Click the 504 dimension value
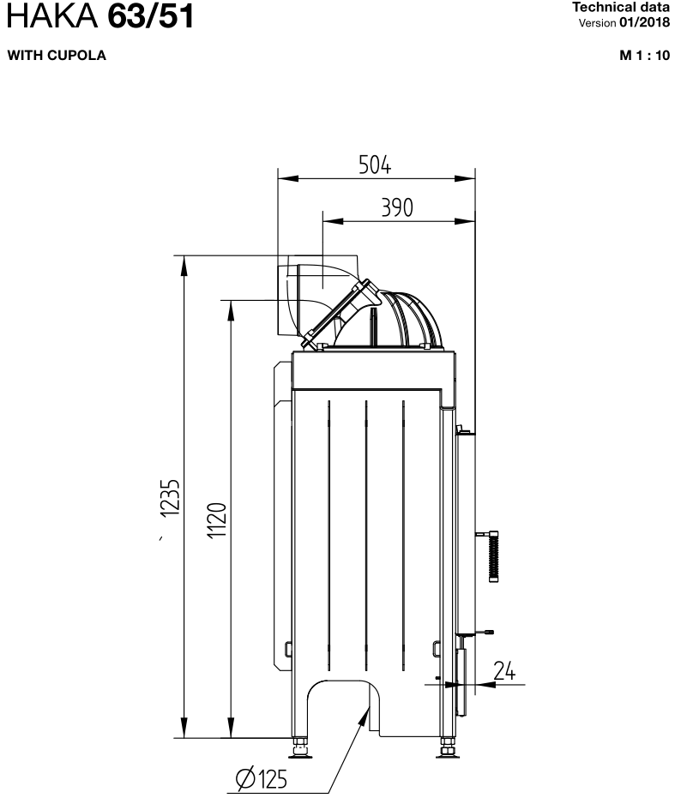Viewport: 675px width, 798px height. click(x=375, y=165)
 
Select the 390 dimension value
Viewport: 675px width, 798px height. click(x=397, y=207)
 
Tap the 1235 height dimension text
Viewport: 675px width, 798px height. click(x=170, y=498)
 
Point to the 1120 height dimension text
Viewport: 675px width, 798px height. click(x=216, y=520)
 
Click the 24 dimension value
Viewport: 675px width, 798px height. click(x=504, y=670)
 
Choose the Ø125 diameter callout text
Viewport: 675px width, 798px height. click(x=262, y=778)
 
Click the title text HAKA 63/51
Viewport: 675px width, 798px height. click(x=100, y=15)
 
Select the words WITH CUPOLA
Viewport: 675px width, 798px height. click(x=57, y=55)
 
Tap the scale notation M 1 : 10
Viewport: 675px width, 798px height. click(x=644, y=55)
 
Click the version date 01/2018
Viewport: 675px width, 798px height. click(x=644, y=22)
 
